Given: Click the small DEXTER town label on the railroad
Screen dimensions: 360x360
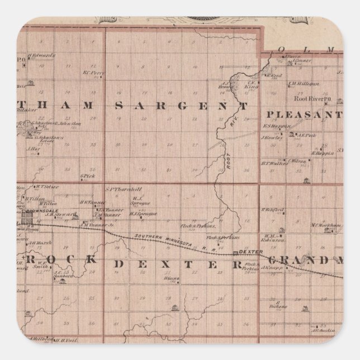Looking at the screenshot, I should (247, 252).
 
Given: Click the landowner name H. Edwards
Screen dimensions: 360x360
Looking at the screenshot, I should (45, 55).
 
